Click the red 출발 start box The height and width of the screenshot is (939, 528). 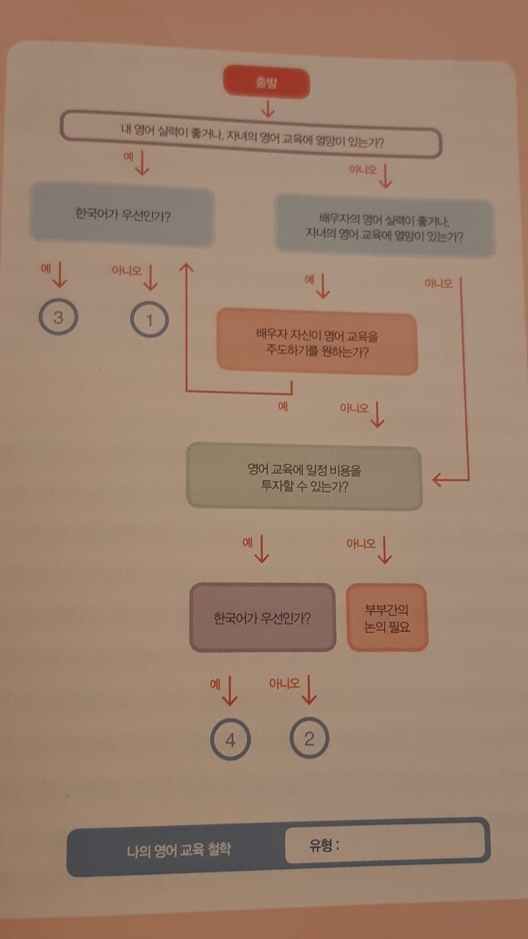tap(267, 83)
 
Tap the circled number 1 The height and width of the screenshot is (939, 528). tap(149, 320)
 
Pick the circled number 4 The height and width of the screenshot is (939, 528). tap(230, 740)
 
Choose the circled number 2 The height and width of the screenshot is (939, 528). tap(309, 739)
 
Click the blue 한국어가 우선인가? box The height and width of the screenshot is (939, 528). tap(122, 216)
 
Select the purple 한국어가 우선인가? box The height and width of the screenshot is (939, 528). tap(262, 617)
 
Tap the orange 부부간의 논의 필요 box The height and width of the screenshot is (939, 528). tap(388, 617)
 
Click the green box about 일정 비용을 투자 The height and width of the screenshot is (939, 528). tap(305, 476)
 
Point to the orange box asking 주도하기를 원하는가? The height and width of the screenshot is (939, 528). tap(318, 342)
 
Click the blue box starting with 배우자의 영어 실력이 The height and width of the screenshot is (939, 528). tap(384, 226)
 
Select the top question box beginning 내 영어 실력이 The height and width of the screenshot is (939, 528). tap(251, 134)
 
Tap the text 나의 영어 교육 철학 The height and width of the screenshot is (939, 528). tap(178, 849)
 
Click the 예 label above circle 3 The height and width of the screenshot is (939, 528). tap(45, 269)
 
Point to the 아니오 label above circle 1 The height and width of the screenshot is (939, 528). tap(126, 270)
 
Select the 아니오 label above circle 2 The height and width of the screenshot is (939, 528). tap(285, 683)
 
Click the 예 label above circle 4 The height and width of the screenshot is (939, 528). tap(216, 684)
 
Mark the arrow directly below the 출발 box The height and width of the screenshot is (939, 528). tap(267, 107)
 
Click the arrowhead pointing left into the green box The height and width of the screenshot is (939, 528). tap(438, 479)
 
